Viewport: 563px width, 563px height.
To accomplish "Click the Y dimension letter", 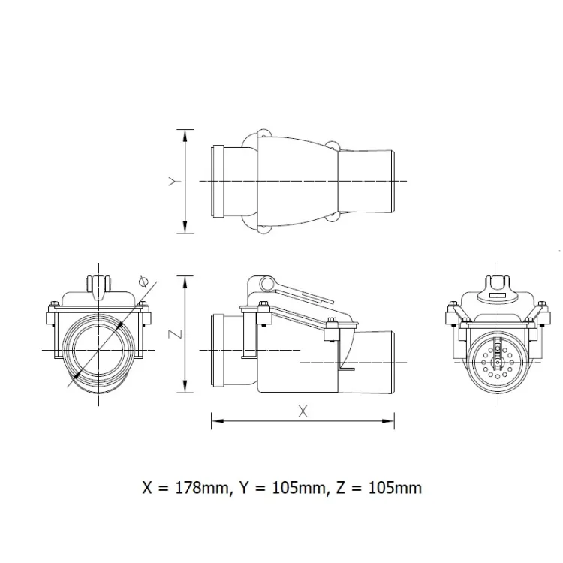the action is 175,182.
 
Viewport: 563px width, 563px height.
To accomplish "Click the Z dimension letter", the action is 175,334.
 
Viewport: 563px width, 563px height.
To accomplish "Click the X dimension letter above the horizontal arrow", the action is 303,411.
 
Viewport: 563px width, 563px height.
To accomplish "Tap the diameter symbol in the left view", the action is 143,281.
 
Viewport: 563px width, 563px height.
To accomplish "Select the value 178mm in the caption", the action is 201,488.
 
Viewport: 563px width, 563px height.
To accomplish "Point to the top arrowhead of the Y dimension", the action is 185,137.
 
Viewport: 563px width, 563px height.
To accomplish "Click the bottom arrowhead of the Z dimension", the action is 185,385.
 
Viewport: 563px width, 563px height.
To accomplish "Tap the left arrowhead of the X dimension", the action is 218,421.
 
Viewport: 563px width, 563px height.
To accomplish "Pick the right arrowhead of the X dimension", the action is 387,421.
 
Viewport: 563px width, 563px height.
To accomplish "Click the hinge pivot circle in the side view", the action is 266,285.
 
